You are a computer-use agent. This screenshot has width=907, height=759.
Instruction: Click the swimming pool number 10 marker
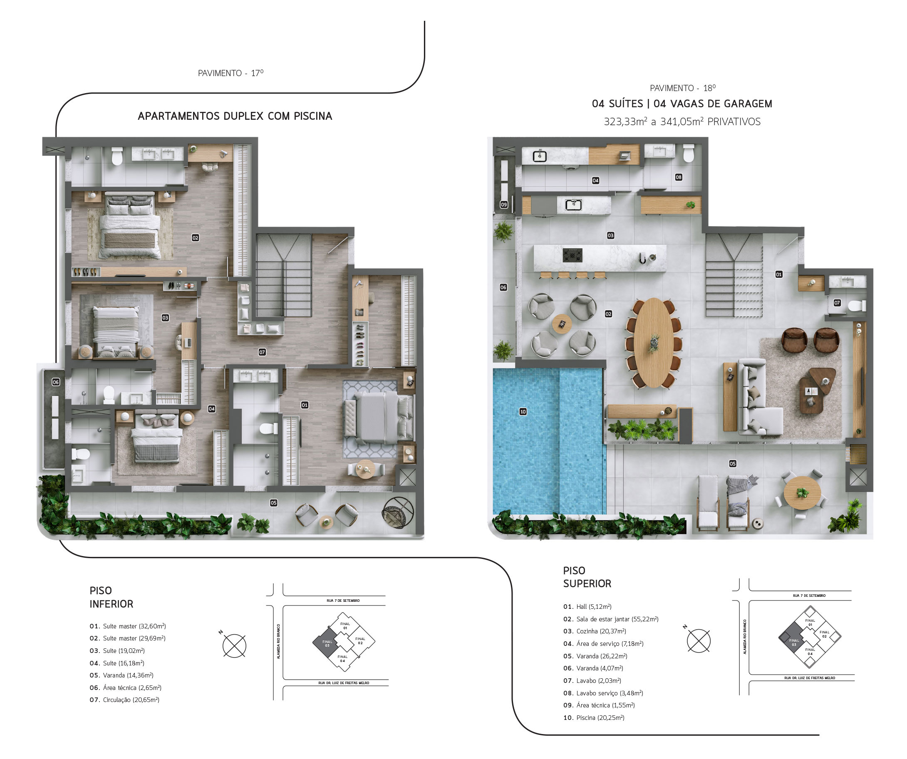pyautogui.click(x=523, y=412)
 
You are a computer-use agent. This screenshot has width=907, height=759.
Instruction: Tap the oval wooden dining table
pyautogui.click(x=654, y=343)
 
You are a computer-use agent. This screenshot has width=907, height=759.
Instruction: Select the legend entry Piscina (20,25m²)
pyautogui.click(x=594, y=717)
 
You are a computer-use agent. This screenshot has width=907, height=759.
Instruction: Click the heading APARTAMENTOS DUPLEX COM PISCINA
pyautogui.click(x=235, y=116)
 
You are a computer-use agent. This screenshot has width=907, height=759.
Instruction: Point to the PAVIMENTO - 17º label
pyautogui.click(x=230, y=73)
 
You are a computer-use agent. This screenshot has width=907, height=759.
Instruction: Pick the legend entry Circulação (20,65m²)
pyautogui.click(x=124, y=700)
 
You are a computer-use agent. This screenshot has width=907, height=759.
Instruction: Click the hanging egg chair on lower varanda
pyautogui.click(x=398, y=512)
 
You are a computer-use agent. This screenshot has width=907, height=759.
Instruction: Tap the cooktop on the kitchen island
pyautogui.click(x=572, y=255)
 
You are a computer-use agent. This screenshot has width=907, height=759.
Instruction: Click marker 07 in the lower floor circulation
pyautogui.click(x=262, y=352)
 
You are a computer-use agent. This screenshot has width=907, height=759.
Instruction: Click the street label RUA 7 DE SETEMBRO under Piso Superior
pyautogui.click(x=809, y=596)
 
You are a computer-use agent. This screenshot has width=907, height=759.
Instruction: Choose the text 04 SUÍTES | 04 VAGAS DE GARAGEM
pyautogui.click(x=682, y=104)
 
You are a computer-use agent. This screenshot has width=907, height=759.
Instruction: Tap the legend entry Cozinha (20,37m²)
pyautogui.click(x=595, y=631)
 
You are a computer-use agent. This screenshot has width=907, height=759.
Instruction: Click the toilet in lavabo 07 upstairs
pyautogui.click(x=857, y=306)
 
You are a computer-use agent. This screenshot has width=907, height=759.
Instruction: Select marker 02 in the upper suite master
pyautogui.click(x=195, y=238)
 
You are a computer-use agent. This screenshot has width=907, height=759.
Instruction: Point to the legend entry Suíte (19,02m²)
pyautogui.click(x=117, y=650)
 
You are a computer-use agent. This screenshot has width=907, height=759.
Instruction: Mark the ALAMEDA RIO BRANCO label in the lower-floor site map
pyautogui.click(x=279, y=641)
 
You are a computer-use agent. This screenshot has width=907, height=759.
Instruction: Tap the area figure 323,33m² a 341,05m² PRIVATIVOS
pyautogui.click(x=682, y=122)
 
